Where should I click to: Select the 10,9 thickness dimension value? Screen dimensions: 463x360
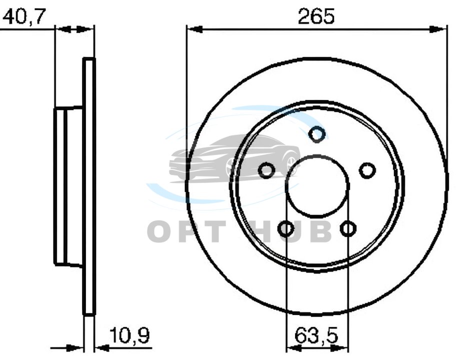[x=129, y=335]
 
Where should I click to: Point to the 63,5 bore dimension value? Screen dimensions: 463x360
[x=316, y=335]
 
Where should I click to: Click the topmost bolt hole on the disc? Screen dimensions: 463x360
[x=317, y=134]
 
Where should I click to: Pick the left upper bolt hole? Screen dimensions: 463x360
[x=266, y=170]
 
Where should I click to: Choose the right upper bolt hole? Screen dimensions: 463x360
[x=367, y=170]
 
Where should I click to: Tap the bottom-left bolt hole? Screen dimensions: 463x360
[x=286, y=228]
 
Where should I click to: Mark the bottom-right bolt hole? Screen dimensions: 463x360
[x=348, y=228]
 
